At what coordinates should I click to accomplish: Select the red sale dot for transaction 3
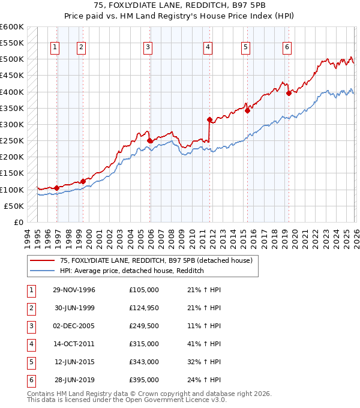[149, 140]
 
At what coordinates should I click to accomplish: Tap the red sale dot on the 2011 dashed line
[209, 119]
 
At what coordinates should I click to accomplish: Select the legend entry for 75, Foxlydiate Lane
[159, 260]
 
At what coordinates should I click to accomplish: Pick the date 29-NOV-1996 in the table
[74, 290]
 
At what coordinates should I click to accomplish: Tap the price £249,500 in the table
[144, 327]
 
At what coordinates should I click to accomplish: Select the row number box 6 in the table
[31, 380]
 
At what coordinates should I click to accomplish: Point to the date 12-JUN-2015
[74, 362]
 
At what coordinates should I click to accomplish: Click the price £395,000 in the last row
[144, 380]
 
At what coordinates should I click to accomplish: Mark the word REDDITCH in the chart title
[196, 7]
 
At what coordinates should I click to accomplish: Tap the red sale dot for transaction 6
[289, 93]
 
